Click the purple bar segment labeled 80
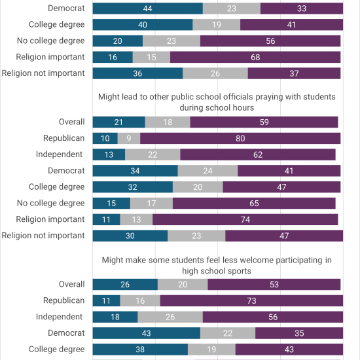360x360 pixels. click(240, 139)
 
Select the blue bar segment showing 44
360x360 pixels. click(148, 9)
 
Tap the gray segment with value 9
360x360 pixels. click(129, 139)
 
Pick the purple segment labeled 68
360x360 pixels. click(255, 57)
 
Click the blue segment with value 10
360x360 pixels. click(105, 139)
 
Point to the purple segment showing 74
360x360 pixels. click(245, 219)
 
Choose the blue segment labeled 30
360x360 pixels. click(130, 236)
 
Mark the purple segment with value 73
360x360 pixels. click(251, 301)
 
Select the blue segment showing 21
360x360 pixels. click(119, 122)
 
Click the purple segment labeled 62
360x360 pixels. click(258, 154)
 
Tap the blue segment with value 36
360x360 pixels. click(137, 73)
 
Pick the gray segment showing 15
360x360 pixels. click(152, 57)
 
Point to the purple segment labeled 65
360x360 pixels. click(254, 203)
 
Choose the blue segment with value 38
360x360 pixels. click(140, 350)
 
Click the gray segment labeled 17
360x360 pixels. click(152, 203)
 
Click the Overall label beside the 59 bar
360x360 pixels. click(71, 122)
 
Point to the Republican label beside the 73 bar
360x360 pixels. click(64, 300)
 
